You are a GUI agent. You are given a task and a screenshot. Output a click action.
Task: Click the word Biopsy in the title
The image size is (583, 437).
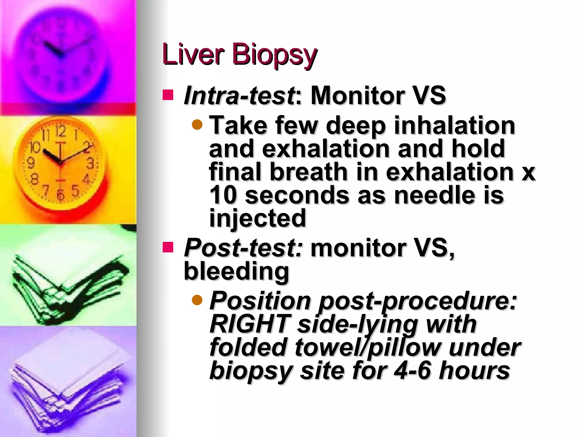coord(274,55)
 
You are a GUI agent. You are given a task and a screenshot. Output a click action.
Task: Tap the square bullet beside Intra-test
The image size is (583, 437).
coord(168,95)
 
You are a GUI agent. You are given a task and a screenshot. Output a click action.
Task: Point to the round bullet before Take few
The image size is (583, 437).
coord(197,124)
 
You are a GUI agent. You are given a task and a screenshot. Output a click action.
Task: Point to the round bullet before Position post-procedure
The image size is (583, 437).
coord(197,300)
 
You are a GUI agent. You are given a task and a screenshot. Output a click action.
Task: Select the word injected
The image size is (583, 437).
coord(257,218)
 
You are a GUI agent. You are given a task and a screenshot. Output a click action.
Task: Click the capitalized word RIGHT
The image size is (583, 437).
coord(250,324)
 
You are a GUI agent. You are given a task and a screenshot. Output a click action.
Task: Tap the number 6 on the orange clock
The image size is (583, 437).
coord(60,195)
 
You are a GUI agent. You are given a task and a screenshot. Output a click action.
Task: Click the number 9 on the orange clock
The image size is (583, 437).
coord(30,163)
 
